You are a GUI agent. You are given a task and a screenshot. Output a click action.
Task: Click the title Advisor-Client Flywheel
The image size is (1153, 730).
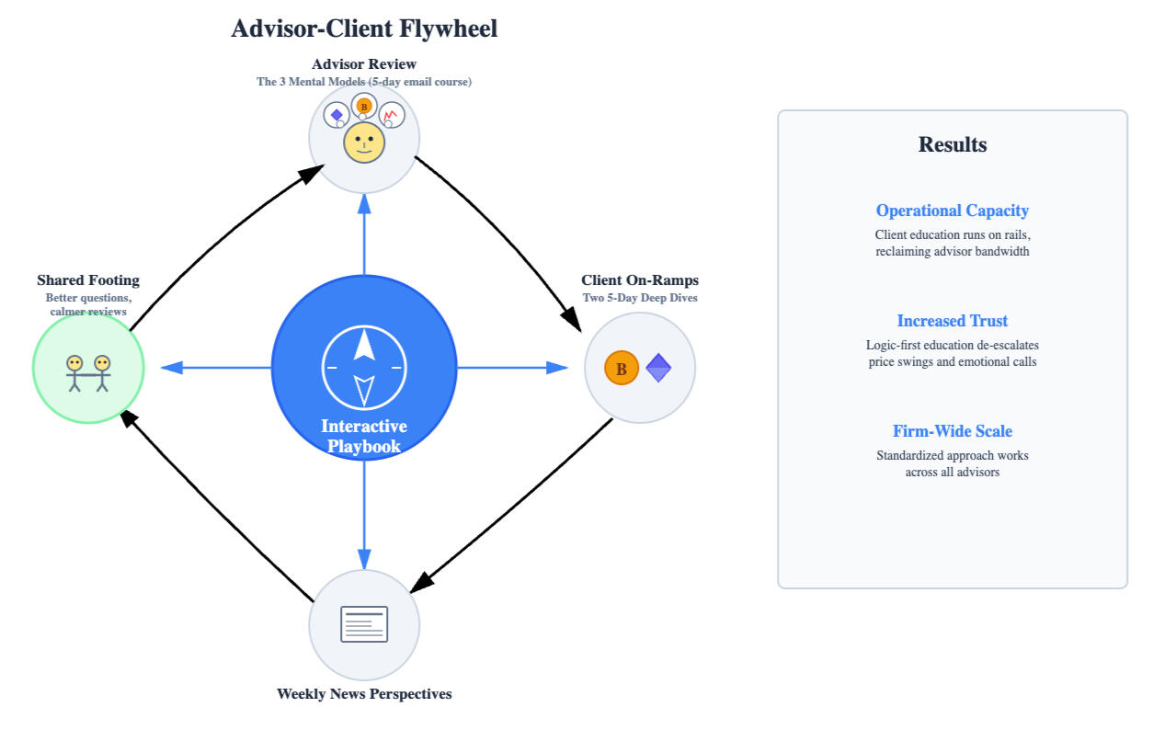coord(364,29)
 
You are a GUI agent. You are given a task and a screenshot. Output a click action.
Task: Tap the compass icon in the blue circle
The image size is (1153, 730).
coord(364,367)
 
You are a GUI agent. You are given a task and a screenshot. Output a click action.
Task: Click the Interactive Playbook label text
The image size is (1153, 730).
coord(364,437)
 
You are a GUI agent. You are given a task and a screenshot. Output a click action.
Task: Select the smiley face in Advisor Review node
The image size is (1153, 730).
coord(364,143)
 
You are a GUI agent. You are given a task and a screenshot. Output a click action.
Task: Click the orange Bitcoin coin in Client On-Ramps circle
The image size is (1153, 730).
coord(622,369)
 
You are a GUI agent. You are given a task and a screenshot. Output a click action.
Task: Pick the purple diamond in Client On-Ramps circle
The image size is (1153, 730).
coord(658,369)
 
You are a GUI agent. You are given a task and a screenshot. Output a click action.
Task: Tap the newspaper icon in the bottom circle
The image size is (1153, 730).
coord(364,624)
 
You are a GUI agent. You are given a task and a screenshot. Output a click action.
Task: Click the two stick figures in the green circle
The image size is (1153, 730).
coord(88,372)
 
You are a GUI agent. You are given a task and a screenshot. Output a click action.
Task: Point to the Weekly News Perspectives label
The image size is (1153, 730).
coord(364,694)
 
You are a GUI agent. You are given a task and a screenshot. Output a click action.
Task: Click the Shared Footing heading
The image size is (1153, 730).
coord(88,280)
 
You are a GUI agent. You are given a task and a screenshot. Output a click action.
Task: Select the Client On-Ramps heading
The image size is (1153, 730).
coord(640,280)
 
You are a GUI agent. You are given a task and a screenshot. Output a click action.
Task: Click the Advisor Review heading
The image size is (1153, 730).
coord(364,64)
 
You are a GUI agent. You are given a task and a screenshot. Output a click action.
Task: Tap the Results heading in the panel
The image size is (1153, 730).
coord(953,144)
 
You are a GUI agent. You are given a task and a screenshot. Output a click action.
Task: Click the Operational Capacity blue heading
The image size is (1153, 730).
coord(953,211)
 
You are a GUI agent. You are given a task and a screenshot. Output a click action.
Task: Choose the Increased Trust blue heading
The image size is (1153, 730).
coord(953,321)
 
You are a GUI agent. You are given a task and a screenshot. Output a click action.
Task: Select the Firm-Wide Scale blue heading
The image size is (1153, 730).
coord(953,431)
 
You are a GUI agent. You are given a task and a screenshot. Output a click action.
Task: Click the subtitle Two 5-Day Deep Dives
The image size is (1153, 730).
coord(640,298)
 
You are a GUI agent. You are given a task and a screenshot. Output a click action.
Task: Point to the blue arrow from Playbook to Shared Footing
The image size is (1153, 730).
coord(216,368)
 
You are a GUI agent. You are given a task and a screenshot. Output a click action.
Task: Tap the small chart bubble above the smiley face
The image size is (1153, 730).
coord(393,115)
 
